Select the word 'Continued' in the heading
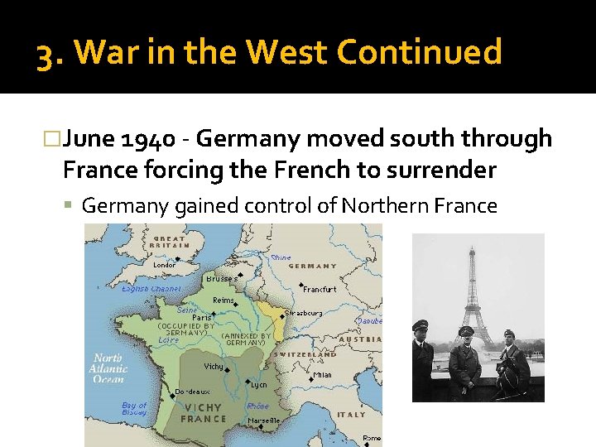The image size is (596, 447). coord(419,52)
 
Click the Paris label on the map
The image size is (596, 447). coord(201,317)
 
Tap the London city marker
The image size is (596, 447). coord(177,258)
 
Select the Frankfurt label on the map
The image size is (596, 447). coord(320,290)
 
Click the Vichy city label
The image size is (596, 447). coord(214,366)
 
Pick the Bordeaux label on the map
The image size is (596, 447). coord(193,392)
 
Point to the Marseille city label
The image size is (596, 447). coord(264,421)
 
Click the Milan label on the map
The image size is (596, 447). coord(323,375)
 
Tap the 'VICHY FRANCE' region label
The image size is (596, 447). coord(204,412)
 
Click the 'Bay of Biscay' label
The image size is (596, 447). coord(133,409)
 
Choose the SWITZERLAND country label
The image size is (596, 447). coord(305,355)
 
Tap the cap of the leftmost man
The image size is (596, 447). coord(421,324)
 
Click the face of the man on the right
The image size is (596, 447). coord(509,339)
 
